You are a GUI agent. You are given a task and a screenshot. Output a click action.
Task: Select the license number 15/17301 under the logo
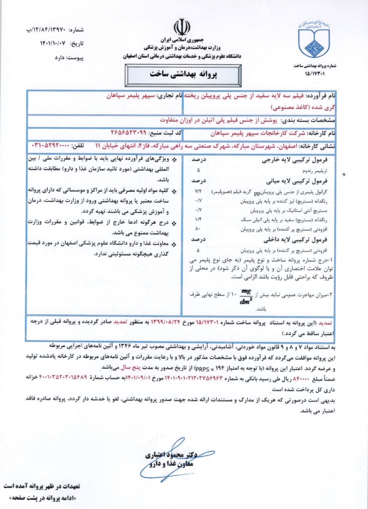(x=315, y=73)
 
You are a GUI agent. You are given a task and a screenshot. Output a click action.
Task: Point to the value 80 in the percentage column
(x=197, y=229)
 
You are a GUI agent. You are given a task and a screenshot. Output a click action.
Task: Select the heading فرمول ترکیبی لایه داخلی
(x=296, y=240)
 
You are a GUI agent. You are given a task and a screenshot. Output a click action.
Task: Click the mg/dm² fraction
(x=246, y=296)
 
